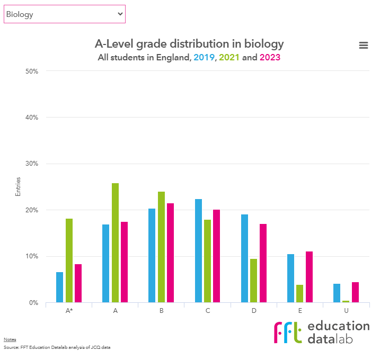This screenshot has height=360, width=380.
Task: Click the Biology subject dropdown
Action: point(64,14)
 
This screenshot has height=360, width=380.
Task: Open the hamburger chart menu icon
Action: point(364,46)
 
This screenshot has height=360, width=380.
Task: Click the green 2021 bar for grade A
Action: point(115,243)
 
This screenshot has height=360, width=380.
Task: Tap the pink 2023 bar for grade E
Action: point(309,277)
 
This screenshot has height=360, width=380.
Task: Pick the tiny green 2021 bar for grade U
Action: point(346,301)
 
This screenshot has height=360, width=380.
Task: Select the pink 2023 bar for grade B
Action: point(170,253)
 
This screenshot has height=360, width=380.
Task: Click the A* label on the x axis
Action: point(69,311)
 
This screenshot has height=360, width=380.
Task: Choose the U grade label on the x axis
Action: point(346,311)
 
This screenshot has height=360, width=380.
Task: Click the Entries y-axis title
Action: point(18,187)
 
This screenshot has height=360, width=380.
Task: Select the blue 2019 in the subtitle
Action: point(204,57)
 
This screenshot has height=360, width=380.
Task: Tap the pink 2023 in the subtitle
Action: point(270,57)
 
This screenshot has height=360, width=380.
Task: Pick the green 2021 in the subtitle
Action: point(229,57)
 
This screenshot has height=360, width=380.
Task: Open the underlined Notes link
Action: point(10,339)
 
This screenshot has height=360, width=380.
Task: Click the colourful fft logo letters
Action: point(288,332)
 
